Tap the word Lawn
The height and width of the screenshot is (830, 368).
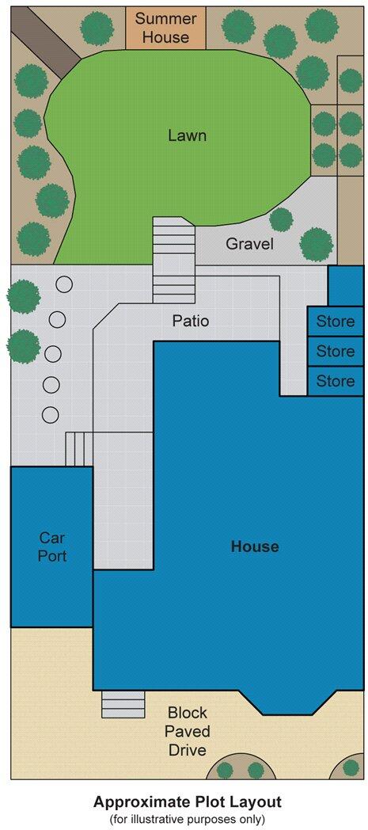coord(187,135)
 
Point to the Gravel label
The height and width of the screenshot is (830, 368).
coord(249,244)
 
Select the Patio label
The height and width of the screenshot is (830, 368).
coord(191,322)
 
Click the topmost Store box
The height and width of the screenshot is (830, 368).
coord(335,322)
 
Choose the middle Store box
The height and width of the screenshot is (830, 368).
coord(335,351)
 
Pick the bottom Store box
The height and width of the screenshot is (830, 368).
coord(335,381)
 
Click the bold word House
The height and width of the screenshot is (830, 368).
coord(254,546)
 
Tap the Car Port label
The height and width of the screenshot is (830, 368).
coord(52,546)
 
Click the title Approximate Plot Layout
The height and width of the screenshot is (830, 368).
coord(187,801)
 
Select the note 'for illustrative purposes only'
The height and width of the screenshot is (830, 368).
coord(187,819)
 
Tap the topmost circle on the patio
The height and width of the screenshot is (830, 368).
coord(63,284)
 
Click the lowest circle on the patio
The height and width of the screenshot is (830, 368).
coord(50,414)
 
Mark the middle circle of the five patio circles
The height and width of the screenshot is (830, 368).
coord(53,352)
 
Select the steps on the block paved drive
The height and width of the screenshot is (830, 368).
coord(123,704)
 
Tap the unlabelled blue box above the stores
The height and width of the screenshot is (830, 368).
coord(345,285)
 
